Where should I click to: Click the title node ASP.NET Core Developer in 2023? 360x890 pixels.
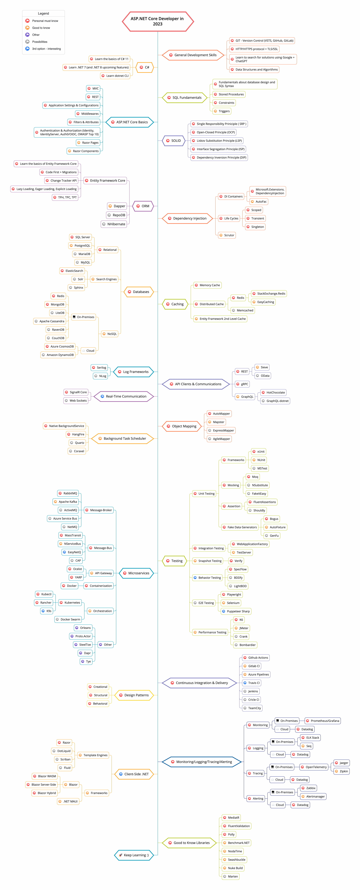(158, 21)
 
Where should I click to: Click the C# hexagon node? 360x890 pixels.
(144, 67)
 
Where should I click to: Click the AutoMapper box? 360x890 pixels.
(219, 414)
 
